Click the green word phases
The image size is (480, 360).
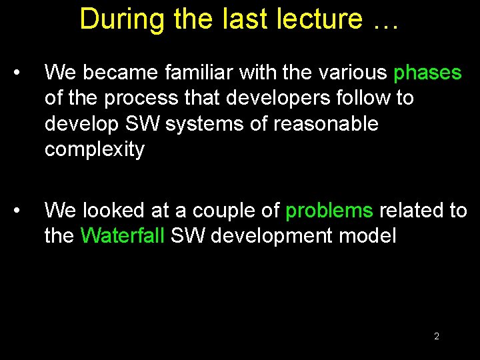tap(427, 73)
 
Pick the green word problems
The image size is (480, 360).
tap(329, 211)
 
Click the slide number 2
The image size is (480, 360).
tap(437, 336)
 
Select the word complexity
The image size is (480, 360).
tap(94, 151)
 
